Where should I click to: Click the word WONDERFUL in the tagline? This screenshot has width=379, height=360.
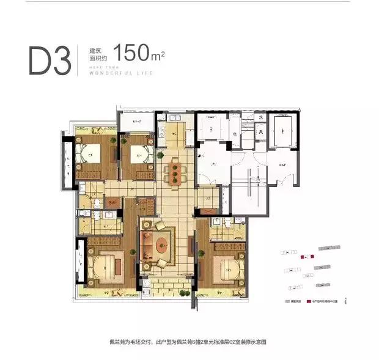click(x=111, y=73)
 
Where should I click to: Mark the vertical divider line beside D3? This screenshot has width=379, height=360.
click(x=78, y=59)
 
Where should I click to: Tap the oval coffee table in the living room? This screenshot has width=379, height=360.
click(x=162, y=247)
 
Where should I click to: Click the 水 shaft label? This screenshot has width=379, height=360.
click(x=260, y=117)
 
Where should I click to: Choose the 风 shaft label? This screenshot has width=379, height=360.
click(x=260, y=132)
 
